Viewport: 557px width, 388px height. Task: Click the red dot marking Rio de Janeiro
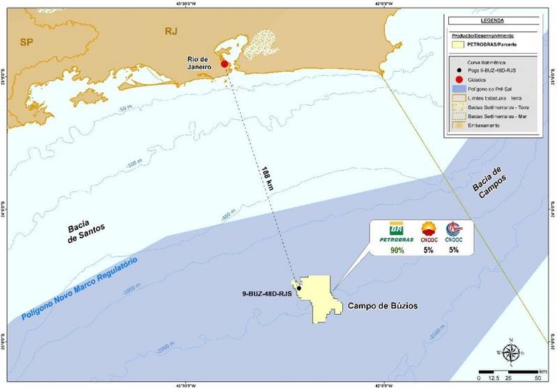(224, 64)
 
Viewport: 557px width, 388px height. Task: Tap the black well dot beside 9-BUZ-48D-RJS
(299, 288)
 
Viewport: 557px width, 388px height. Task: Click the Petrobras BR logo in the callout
(395, 231)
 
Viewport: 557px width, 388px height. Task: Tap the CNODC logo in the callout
(429, 231)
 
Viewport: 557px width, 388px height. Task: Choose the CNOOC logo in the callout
(454, 231)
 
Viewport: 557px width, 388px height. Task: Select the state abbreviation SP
(26, 42)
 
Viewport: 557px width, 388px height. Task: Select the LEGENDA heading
(496, 21)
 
